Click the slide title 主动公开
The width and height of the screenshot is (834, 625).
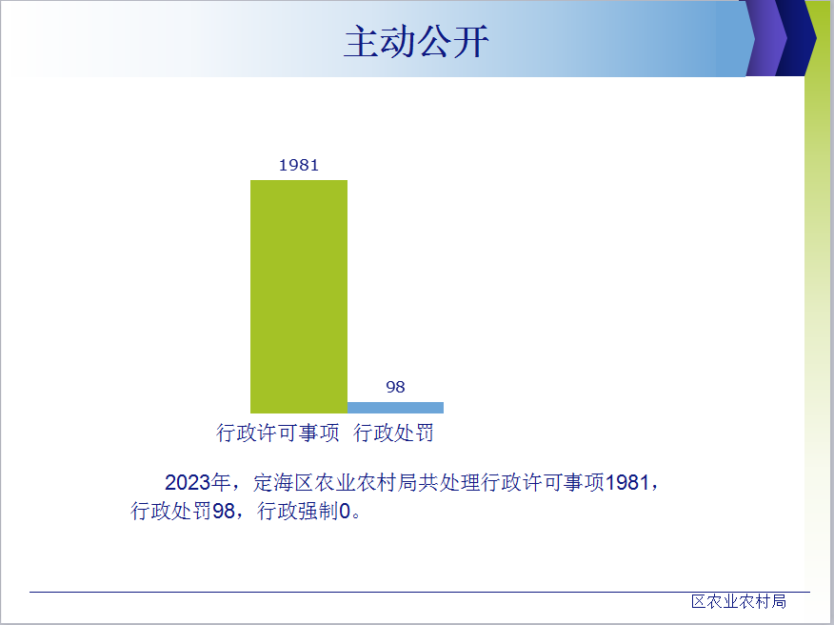tap(416, 42)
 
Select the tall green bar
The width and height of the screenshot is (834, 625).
tap(299, 296)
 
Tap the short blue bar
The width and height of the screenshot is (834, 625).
tap(395, 407)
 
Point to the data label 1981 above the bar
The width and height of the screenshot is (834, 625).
tap(299, 165)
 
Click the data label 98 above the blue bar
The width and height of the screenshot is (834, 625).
tap(395, 387)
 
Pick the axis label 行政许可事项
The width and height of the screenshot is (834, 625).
tap(278, 433)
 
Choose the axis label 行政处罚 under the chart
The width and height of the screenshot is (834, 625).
tap(393, 433)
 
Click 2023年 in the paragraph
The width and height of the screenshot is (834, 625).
tap(197, 482)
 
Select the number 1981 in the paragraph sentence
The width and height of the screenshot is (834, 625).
tap(627, 482)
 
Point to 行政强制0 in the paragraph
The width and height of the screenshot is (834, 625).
tap(305, 511)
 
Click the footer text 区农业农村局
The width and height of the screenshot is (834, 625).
tap(739, 601)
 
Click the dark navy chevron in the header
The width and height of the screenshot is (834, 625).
tap(796, 38)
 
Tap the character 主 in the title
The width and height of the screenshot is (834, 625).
tap(362, 42)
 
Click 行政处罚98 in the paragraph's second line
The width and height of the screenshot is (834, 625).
tap(183, 511)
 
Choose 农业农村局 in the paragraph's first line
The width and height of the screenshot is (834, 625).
tap(367, 482)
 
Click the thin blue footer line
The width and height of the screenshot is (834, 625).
tap(420, 592)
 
